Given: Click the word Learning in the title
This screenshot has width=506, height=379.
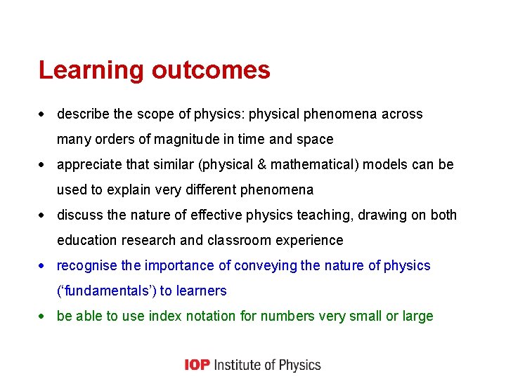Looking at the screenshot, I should click(91, 71).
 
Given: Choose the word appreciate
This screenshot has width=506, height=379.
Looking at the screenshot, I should click(89, 165).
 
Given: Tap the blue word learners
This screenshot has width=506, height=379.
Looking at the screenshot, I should click(202, 291).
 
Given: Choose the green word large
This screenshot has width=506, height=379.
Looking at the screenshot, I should click(418, 317).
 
